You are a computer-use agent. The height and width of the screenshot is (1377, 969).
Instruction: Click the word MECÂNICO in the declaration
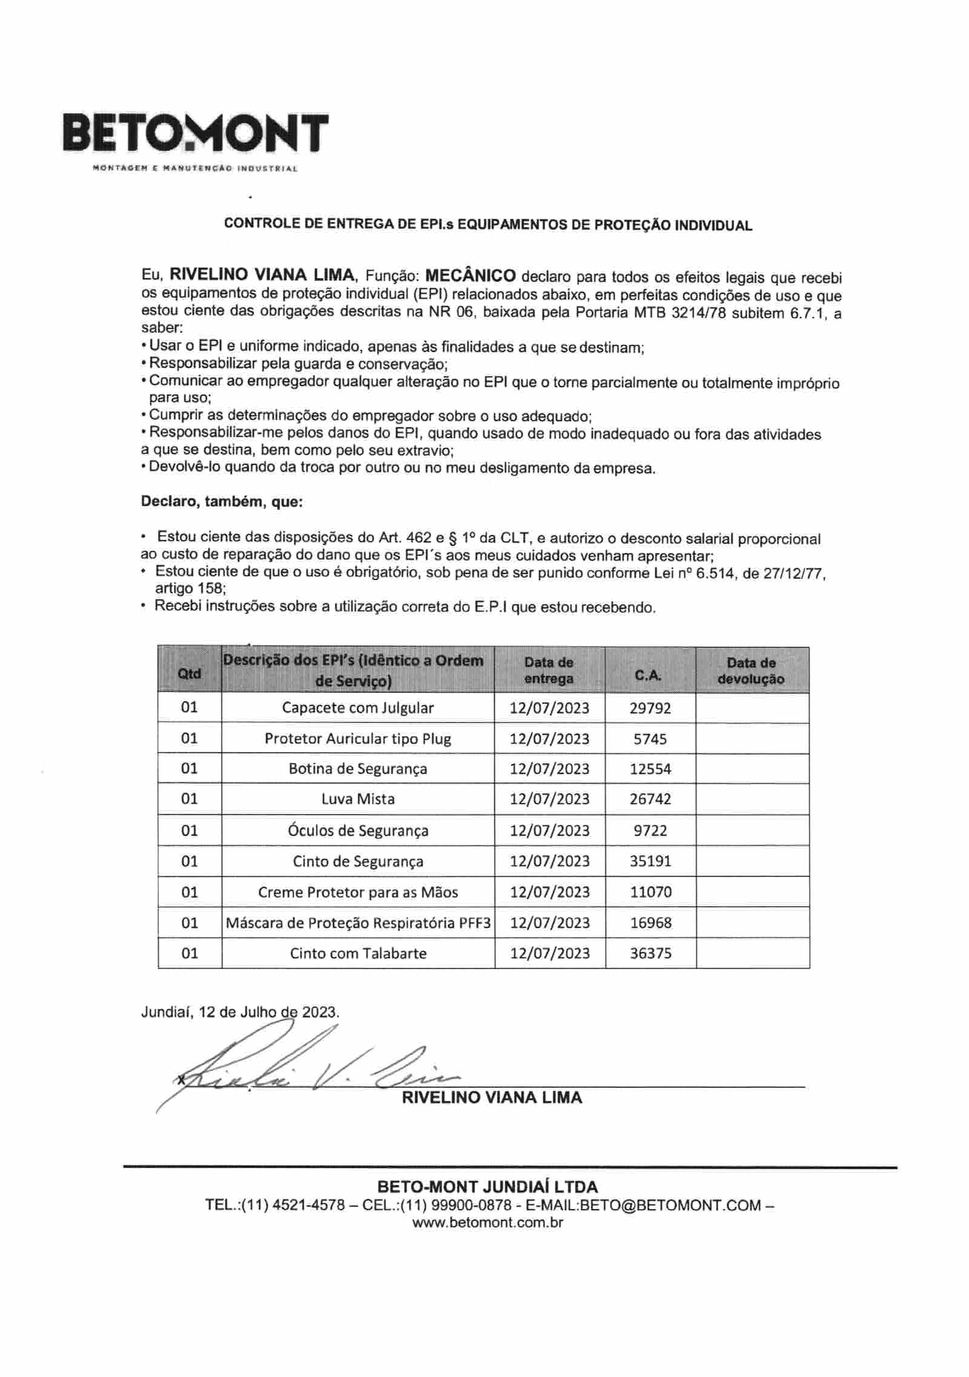tap(471, 276)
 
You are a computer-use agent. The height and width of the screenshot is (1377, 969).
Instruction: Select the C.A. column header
tap(650, 675)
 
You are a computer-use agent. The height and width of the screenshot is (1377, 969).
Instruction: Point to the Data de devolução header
tap(752, 671)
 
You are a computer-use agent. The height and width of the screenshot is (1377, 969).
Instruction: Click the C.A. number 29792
tap(650, 708)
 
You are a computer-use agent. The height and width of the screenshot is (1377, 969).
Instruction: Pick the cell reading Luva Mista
tap(357, 799)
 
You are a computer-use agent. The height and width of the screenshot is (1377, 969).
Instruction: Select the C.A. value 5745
tap(650, 739)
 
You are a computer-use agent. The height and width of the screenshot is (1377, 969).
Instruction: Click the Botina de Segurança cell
tap(357, 769)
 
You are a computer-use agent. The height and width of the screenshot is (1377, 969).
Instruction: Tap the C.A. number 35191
tap(650, 861)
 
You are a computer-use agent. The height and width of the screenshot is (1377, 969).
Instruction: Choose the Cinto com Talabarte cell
tap(357, 953)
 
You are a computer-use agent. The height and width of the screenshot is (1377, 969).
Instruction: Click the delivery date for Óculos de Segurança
tap(549, 830)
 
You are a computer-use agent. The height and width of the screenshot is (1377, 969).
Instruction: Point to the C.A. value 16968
tap(650, 923)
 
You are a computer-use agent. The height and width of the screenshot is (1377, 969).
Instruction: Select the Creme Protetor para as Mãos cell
tap(357, 892)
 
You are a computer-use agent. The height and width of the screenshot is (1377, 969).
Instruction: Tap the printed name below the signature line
tap(491, 1098)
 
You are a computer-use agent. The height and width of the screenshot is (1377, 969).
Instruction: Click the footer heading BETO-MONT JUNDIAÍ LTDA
tap(487, 1187)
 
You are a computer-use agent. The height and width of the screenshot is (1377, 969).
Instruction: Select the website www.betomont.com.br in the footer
tap(488, 1222)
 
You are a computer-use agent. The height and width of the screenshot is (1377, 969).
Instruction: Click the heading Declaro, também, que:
tap(222, 502)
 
